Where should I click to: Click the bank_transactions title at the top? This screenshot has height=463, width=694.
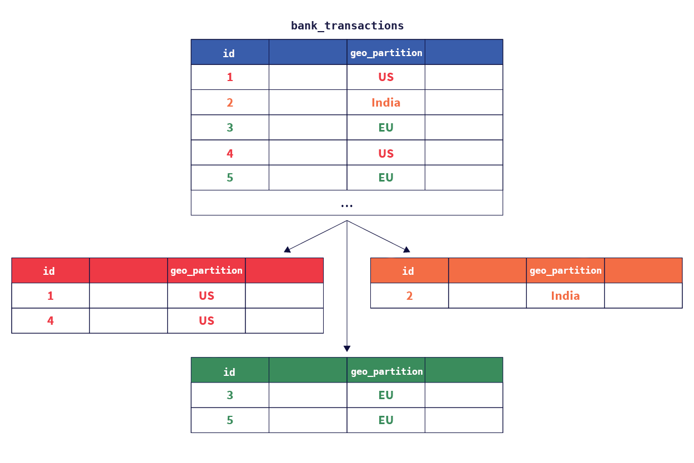347,26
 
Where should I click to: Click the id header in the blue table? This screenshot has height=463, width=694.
229,53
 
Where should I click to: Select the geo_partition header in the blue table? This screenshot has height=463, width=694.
386,53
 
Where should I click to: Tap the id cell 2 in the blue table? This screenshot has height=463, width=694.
230,103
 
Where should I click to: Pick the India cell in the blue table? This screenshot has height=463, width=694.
386,103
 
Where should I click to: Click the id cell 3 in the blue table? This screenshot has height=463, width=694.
230,128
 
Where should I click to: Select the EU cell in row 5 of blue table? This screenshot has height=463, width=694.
386,178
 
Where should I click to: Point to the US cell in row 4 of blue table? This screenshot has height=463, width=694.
386,153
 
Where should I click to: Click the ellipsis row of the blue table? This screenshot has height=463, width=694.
347,204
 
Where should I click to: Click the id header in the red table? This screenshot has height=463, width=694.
49,271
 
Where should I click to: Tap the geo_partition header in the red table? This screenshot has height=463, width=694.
206,270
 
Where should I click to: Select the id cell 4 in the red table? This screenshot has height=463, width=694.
51,321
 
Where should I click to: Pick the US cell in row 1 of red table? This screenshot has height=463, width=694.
207,296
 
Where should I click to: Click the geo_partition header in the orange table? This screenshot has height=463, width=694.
565,270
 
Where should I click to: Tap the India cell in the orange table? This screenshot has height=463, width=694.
565,296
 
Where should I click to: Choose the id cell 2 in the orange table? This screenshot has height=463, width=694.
409,296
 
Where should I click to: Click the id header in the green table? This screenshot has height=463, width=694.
229,372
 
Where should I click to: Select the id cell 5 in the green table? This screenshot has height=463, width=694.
230,420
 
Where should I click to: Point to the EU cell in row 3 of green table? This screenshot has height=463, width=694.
386,395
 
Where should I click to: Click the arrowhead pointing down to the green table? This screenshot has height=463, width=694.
347,348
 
